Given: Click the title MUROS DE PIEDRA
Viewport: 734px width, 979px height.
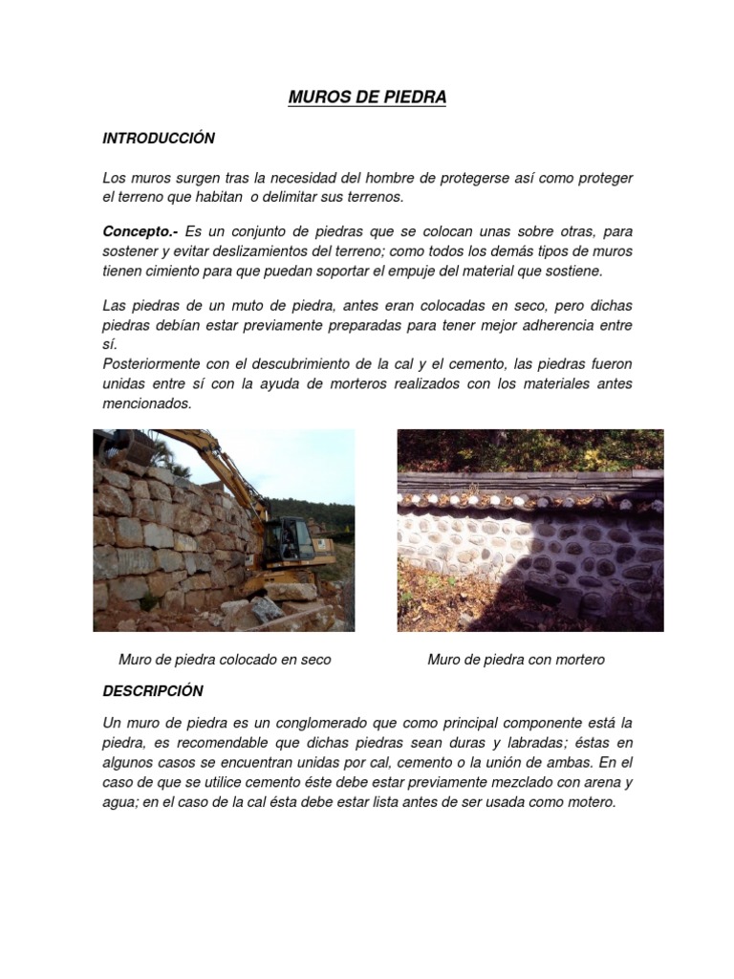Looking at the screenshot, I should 367,98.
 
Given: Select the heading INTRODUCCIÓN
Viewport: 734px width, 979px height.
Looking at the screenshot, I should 159,139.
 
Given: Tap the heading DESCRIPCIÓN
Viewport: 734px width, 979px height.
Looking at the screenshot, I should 153,690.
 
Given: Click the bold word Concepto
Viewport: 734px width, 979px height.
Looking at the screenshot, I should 140,231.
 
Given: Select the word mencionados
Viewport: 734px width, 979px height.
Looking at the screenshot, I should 147,403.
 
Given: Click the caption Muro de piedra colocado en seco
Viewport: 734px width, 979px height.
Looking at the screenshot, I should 225,660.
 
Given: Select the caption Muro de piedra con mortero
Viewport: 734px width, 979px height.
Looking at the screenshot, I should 516,660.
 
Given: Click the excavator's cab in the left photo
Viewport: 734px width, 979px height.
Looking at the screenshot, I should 287,540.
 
